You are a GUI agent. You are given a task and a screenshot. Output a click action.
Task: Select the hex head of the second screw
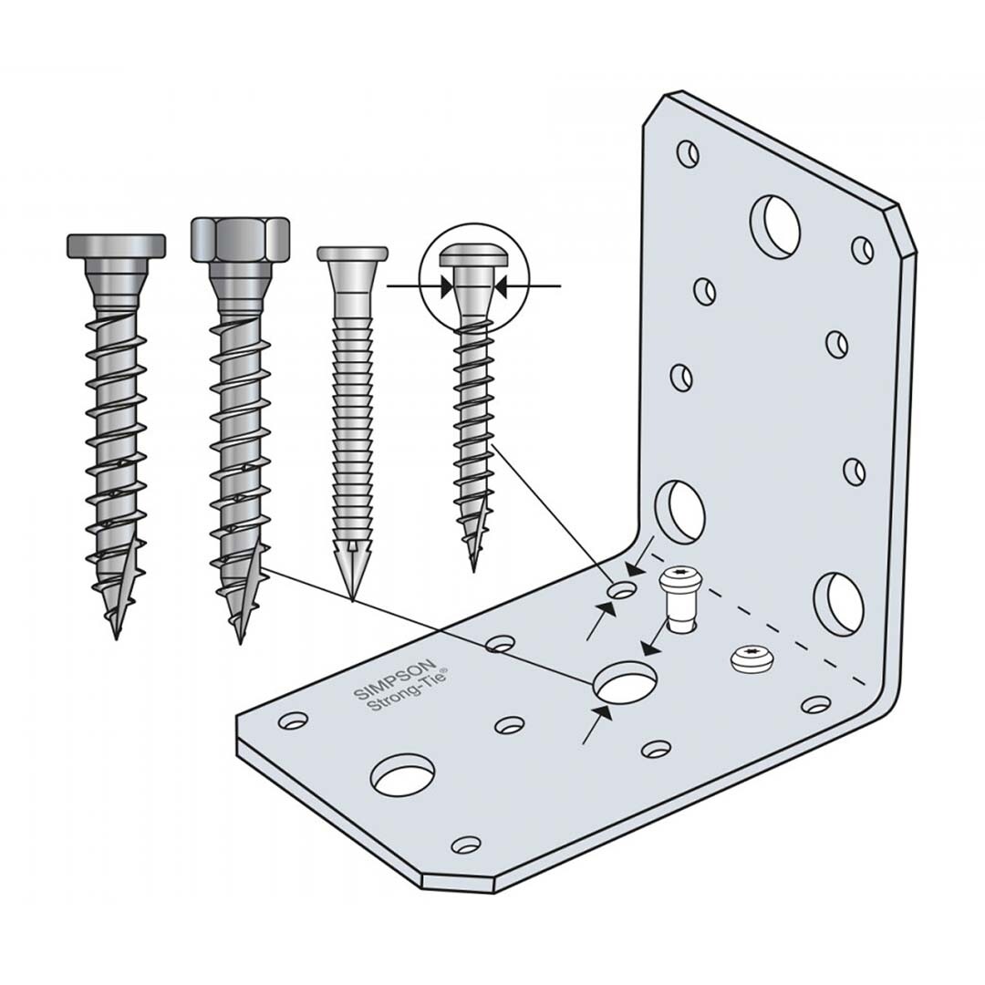[x=240, y=239]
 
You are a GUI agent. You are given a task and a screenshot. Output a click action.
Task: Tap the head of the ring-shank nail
[x=352, y=254]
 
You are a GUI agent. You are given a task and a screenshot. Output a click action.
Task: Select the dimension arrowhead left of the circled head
[x=445, y=286]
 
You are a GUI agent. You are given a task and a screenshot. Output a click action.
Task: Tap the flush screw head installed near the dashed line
[x=751, y=658]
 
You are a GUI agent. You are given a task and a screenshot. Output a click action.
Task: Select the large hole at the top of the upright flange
[x=774, y=225]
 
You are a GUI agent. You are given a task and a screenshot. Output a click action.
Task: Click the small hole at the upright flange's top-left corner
[x=688, y=153]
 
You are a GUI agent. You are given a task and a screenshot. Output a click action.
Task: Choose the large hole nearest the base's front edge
[x=403, y=777]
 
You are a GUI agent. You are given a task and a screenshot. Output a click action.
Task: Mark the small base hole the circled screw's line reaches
[x=623, y=590]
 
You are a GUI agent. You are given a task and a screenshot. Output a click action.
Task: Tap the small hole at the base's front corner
[x=466, y=844]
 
